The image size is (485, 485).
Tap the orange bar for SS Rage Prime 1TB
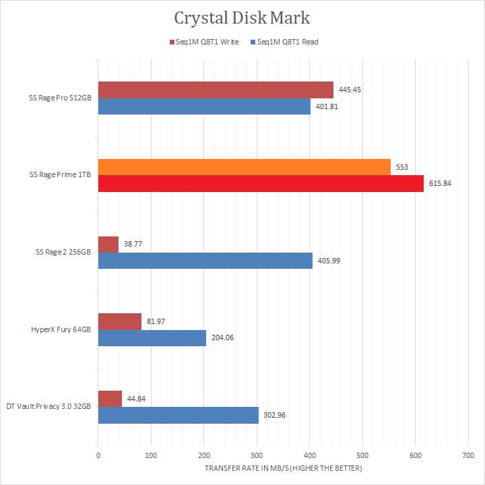pos(244,167)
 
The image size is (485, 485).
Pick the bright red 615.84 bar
pos(261,183)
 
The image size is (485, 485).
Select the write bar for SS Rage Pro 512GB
pos(216,90)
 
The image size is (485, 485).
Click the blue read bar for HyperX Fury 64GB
pos(152,338)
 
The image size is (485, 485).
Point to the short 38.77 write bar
pos(108,245)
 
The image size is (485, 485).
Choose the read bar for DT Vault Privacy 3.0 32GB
pos(179,416)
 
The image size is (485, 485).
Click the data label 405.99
pos(329,261)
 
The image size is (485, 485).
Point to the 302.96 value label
pos(276,416)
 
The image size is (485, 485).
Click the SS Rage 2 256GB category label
pos(63,253)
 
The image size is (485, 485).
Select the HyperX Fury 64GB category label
pos(60,330)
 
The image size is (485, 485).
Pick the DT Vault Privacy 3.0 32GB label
pos(48,407)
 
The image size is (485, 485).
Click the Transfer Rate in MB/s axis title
pos(283,468)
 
